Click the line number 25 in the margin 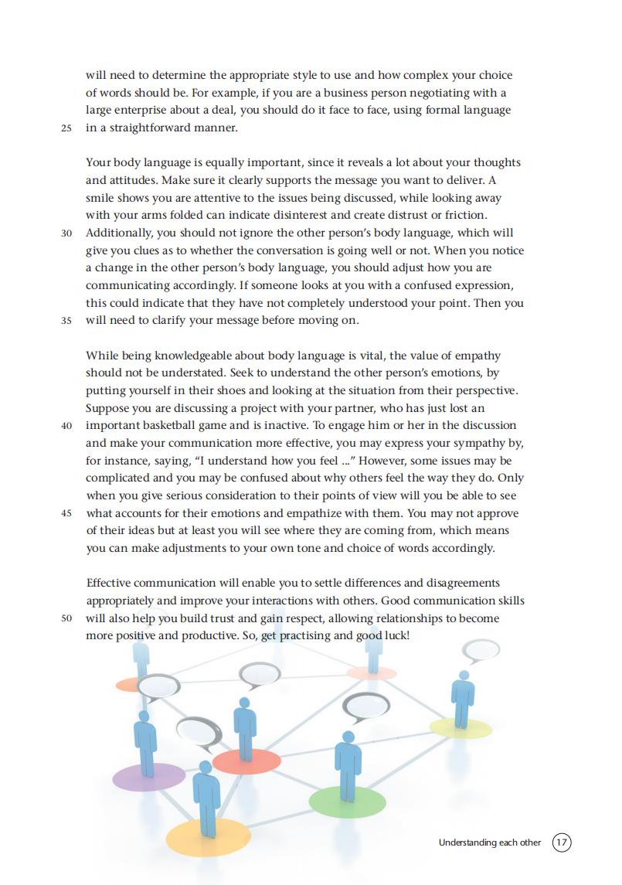[66, 128]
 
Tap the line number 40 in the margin [66, 426]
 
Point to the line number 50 [66, 619]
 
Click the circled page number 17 [562, 842]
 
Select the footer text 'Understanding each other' [490, 842]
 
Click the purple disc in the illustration [149, 775]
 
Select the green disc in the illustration [347, 801]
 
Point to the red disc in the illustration [246, 761]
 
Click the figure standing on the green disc [348, 761]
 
